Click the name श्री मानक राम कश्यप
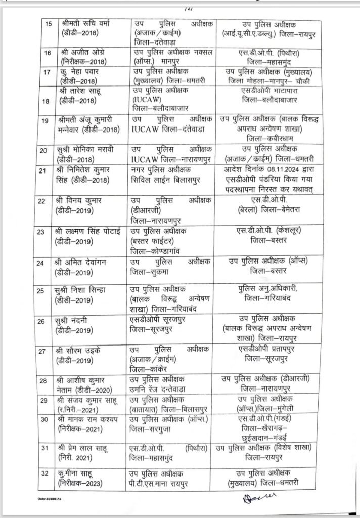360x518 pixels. click(x=88, y=419)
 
